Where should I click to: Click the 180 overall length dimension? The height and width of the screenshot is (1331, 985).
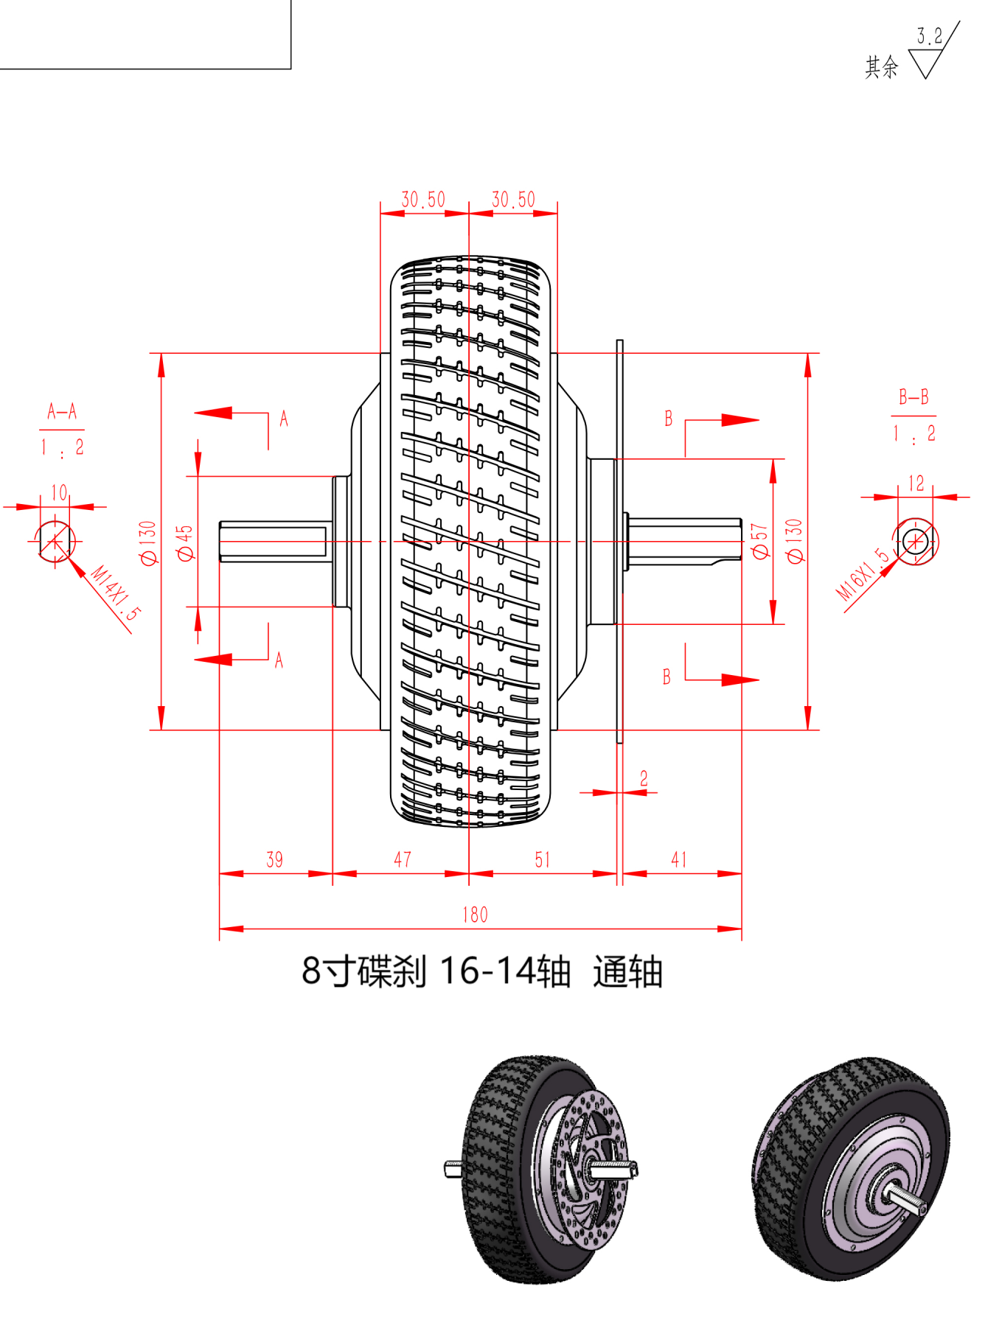[x=475, y=915]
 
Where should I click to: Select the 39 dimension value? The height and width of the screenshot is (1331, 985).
[x=274, y=859]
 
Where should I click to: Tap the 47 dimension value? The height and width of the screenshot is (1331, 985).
[x=403, y=859]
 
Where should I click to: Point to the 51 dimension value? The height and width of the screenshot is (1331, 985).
[x=543, y=859]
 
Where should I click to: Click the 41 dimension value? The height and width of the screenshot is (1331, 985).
[x=679, y=859]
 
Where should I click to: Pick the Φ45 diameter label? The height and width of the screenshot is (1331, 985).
[x=185, y=543]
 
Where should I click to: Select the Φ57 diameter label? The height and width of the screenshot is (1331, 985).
[x=759, y=542]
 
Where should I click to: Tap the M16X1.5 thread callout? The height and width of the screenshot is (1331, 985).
[x=862, y=575]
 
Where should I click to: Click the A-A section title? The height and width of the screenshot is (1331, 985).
[x=62, y=411]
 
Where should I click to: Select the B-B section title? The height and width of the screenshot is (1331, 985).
[x=913, y=397]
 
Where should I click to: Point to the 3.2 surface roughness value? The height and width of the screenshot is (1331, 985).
[x=929, y=36]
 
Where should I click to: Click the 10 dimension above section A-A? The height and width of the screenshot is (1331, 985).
[x=59, y=492]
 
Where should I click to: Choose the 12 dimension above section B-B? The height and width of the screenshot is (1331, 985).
[x=916, y=483]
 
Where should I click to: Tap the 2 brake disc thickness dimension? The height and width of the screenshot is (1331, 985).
[x=644, y=778]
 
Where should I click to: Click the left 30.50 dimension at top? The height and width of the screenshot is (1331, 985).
[x=423, y=200]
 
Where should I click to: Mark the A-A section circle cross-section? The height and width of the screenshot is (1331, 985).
[x=55, y=542]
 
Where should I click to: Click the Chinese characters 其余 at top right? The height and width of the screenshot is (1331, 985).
[x=882, y=67]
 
